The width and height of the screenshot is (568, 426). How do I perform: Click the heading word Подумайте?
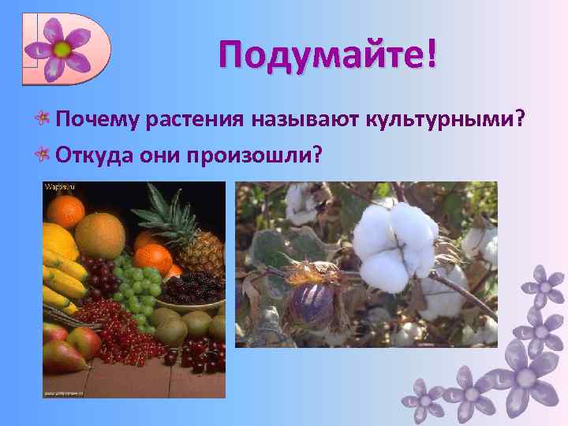319,56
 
